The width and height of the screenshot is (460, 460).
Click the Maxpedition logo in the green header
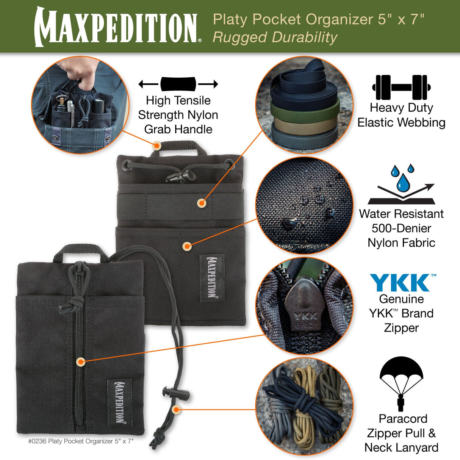pyautogui.click(x=117, y=27)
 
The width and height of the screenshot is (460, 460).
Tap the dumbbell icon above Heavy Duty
pyautogui.click(x=401, y=87)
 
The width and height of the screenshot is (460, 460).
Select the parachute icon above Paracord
pyautogui.click(x=401, y=383)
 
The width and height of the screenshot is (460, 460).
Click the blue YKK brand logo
pyautogui.click(x=402, y=283)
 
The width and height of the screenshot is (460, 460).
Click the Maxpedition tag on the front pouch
pyautogui.click(x=119, y=402)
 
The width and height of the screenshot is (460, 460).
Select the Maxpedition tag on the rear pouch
pyautogui.click(x=212, y=278)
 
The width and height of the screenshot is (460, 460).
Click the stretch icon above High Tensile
pyautogui.click(x=178, y=84)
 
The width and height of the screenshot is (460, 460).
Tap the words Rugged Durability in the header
pyautogui.click(x=275, y=38)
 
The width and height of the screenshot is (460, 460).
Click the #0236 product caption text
pyautogui.click(x=81, y=441)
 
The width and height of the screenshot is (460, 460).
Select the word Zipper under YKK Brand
pyautogui.click(x=401, y=328)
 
